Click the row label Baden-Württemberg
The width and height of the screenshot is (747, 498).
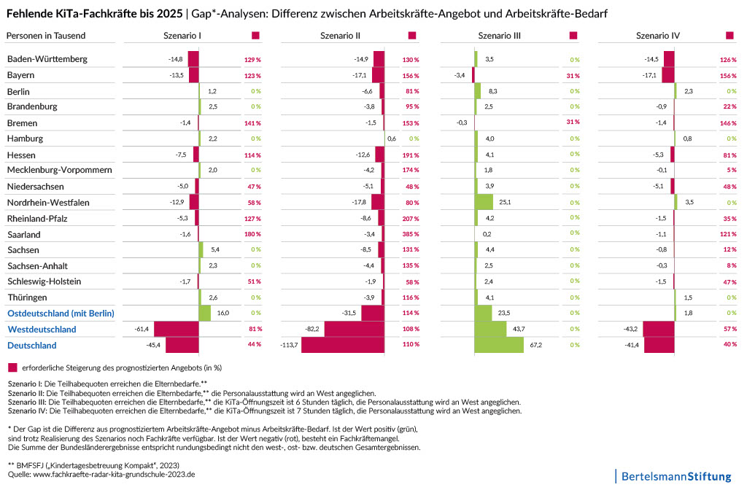click(x=47, y=59)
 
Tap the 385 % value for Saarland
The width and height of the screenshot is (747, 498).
click(x=411, y=234)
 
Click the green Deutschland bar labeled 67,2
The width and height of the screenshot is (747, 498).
click(x=499, y=345)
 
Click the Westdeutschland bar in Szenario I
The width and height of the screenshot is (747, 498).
click(x=177, y=329)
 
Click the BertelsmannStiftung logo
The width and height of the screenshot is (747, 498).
click(x=675, y=477)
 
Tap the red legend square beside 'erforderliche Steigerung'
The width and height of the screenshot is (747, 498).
click(x=12, y=367)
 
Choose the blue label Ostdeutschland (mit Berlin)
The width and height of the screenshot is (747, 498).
click(x=61, y=314)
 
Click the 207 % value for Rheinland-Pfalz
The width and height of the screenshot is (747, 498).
click(x=411, y=218)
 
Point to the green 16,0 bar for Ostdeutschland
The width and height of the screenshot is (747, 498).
click(x=205, y=313)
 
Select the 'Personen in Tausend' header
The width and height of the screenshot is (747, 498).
click(x=46, y=36)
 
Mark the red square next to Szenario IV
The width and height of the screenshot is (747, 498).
click(x=729, y=36)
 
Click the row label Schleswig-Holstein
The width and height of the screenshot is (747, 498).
click(x=44, y=281)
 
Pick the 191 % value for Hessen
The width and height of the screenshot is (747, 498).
click(x=411, y=155)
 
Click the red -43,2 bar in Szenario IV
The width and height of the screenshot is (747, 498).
click(x=659, y=329)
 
